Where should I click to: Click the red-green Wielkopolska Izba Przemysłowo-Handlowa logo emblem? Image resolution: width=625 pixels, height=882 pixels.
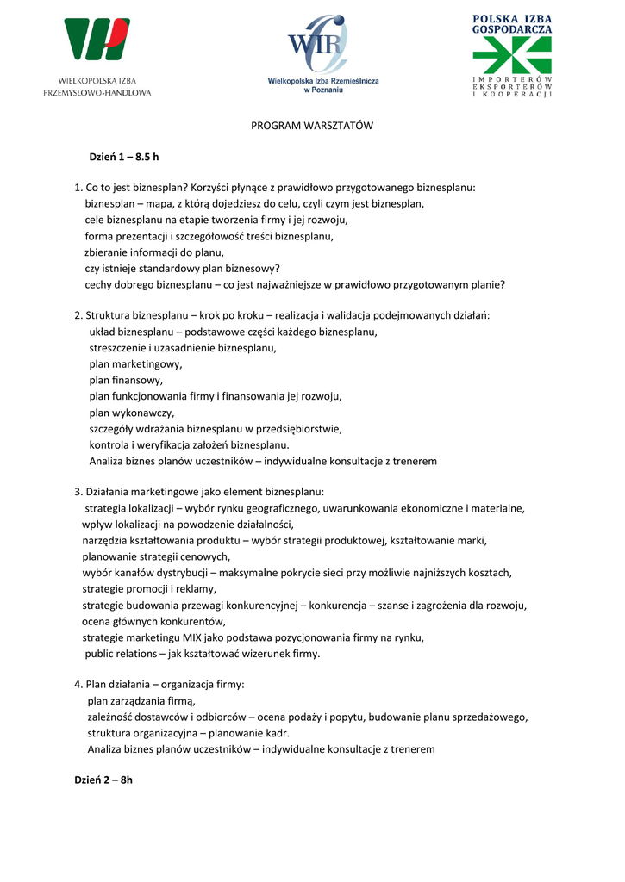[x=97, y=39]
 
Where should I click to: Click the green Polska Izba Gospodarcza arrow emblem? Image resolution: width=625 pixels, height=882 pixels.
[x=511, y=55]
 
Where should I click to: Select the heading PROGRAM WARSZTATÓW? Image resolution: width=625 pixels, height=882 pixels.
[x=312, y=126]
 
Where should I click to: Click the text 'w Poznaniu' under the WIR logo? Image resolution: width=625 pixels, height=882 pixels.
[x=322, y=89]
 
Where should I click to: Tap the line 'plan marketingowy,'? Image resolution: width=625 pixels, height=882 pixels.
[x=135, y=364]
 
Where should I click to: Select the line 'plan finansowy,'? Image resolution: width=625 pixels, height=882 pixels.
[x=126, y=380]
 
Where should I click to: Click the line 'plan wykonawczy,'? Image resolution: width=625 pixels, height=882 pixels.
[x=131, y=413]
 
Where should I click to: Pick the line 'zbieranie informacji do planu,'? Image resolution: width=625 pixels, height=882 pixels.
[x=154, y=252]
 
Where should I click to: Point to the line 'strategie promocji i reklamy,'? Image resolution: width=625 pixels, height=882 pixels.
[x=149, y=589]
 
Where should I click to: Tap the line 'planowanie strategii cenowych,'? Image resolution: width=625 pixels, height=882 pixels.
[x=157, y=556]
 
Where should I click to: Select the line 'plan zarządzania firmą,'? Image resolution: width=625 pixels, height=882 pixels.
[x=141, y=701]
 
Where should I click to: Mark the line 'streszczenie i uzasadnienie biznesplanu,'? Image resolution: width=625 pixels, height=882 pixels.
[x=183, y=348]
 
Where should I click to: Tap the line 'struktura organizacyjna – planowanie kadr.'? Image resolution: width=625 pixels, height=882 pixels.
[x=188, y=733]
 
